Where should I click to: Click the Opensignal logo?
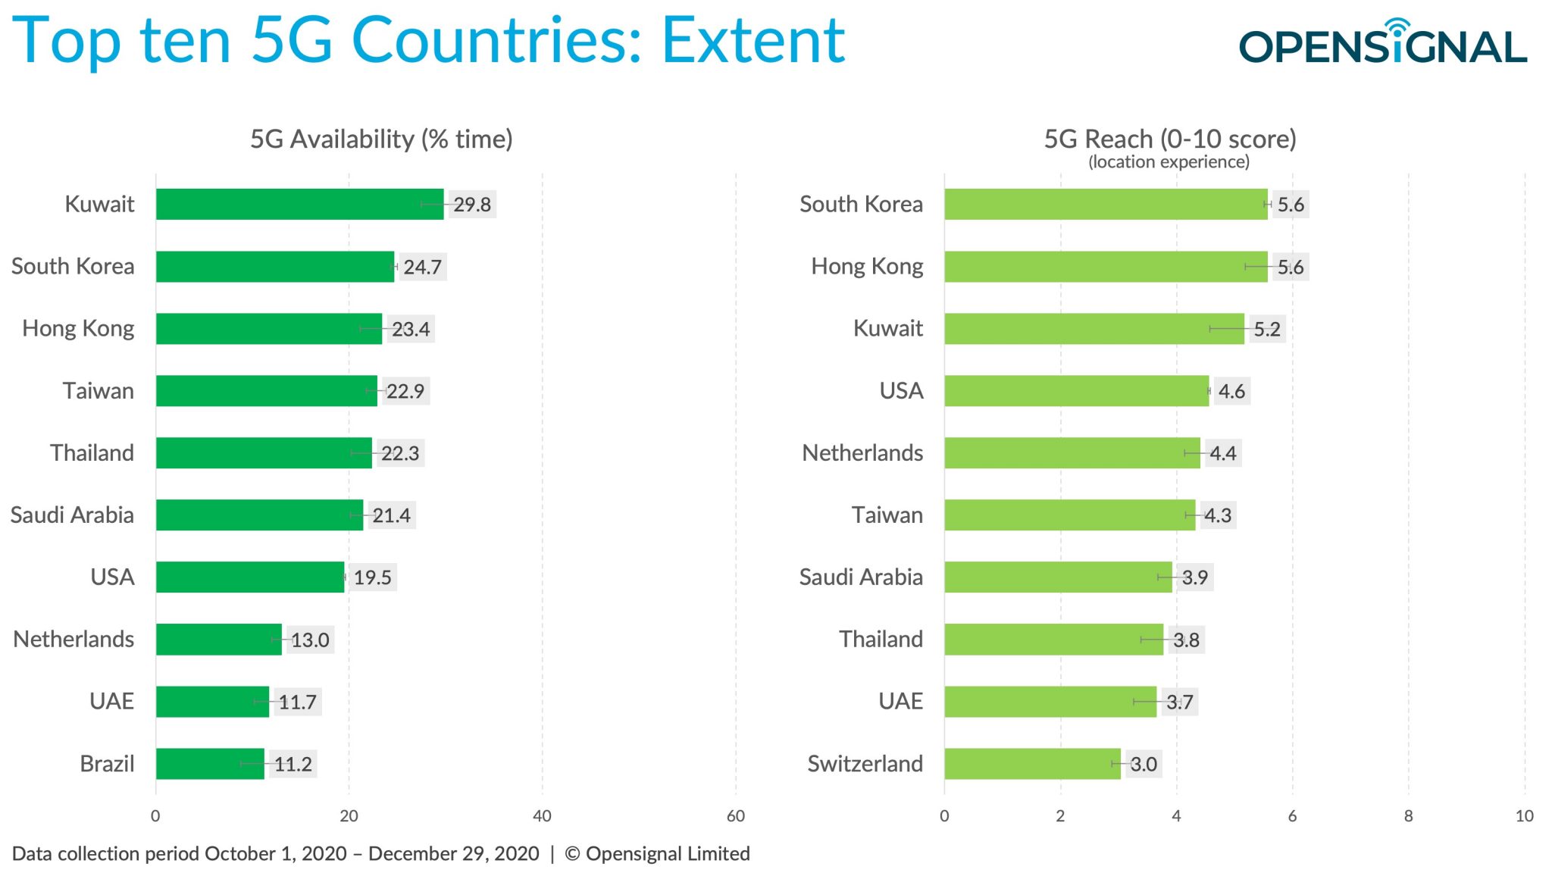(1382, 44)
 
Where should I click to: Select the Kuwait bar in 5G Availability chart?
(299, 205)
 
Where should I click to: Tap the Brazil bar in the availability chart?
(210, 764)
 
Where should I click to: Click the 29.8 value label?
(472, 205)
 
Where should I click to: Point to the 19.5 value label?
(372, 577)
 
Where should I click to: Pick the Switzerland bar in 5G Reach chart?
(1031, 764)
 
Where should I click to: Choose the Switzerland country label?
(865, 764)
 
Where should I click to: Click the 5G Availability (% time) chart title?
(381, 139)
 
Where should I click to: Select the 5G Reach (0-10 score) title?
(1169, 139)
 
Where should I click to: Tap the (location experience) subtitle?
(1169, 162)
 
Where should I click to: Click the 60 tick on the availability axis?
(735, 816)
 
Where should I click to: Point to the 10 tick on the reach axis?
(1524, 816)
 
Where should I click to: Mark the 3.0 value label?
(1143, 764)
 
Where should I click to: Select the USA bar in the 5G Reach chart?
(1076, 391)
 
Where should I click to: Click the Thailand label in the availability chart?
(92, 453)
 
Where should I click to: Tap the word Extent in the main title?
(753, 41)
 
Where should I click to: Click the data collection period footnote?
(380, 854)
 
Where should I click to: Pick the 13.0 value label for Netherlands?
(310, 640)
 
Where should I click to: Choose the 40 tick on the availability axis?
(542, 816)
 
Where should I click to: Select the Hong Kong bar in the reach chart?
(1105, 267)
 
